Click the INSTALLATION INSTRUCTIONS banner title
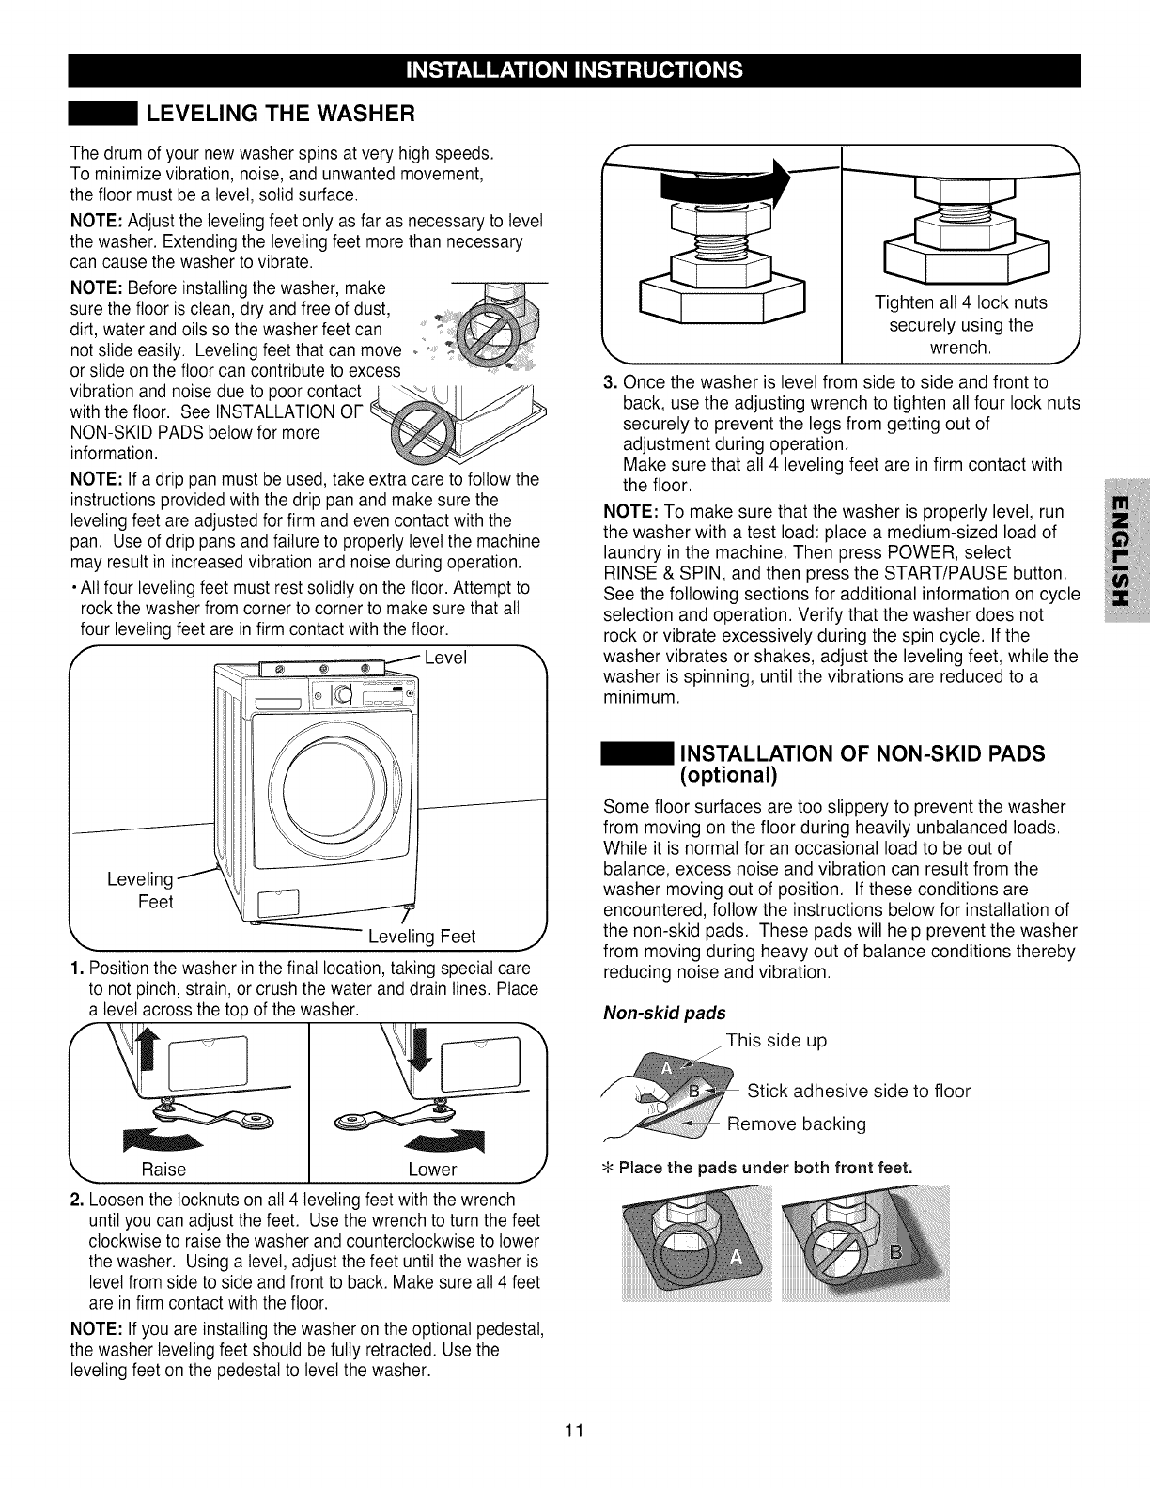[x=574, y=70]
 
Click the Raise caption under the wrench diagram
[x=163, y=1169]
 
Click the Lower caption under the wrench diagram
[x=432, y=1169]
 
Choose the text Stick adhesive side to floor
[x=858, y=1091]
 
